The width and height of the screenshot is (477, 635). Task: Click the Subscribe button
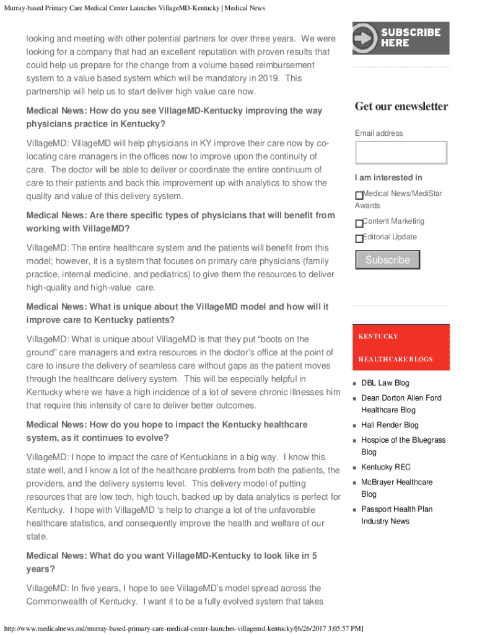387,260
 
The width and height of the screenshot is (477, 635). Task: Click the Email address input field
401,153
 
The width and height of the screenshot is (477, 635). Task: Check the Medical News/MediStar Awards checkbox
359,195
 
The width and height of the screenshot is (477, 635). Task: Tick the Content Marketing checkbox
359,223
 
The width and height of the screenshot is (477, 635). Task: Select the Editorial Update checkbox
359,239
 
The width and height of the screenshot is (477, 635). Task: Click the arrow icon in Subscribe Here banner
365,38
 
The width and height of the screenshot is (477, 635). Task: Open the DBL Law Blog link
385,383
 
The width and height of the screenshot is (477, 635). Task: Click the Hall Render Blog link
390,425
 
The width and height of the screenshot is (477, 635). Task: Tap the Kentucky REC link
385,468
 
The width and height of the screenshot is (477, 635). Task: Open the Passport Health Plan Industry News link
396,515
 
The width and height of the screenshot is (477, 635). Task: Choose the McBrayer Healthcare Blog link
396,488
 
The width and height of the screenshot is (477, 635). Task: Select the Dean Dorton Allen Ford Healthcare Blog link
401,404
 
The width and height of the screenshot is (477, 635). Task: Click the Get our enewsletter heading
401,107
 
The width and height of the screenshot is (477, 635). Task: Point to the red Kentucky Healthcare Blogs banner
401,347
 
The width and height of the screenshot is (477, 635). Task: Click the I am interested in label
388,178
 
